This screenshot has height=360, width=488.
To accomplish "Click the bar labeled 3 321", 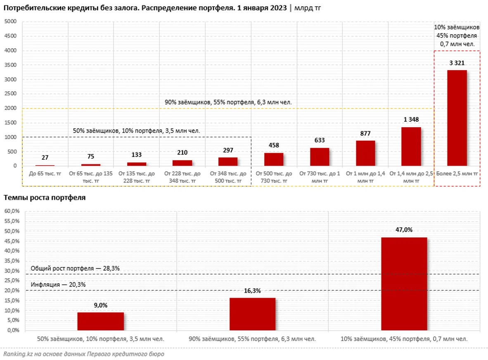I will point(457,118).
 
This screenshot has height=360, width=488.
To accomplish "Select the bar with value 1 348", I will point(411,147).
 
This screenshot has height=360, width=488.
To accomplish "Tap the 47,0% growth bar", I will point(404,284).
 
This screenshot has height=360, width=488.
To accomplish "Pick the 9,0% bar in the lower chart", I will point(100,321).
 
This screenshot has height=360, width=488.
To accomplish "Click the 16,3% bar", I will point(252,314).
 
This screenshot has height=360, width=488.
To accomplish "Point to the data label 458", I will point(274,145).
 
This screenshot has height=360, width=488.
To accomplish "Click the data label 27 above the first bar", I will point(45,158).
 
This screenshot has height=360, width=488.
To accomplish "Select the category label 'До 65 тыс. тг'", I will point(45,174).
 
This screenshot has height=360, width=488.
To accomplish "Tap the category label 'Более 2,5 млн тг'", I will point(457,174).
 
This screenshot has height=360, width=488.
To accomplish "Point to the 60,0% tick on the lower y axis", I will point(12,211).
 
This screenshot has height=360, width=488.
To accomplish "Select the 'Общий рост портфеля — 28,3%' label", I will point(75,268).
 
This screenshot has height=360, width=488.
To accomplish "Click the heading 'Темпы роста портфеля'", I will point(45,198).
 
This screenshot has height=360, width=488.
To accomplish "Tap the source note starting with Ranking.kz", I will point(84,354).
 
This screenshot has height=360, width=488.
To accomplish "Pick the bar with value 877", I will point(365,153).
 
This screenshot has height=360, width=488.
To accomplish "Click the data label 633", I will point(320,140).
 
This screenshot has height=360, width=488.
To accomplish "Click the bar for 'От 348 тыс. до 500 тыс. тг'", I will point(228,161).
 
